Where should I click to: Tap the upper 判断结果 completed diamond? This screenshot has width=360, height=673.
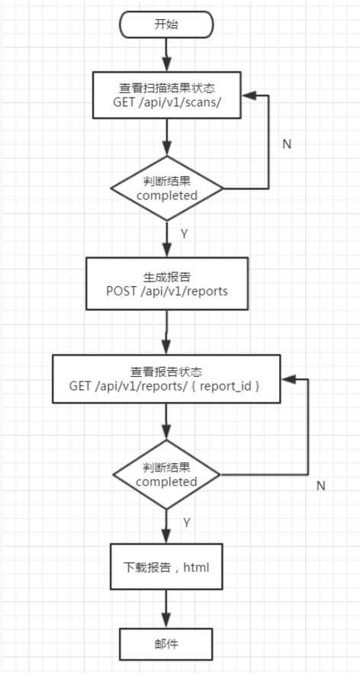click(x=166, y=188)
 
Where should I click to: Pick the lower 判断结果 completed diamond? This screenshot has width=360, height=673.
click(x=166, y=474)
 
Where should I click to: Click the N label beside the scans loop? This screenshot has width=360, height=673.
click(x=287, y=143)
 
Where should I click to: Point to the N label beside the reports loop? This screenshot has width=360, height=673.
click(x=320, y=485)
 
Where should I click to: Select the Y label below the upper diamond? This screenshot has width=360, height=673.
click(x=184, y=234)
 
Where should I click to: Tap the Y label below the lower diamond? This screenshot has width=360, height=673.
click(x=186, y=522)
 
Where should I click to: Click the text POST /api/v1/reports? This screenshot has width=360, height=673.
click(x=166, y=291)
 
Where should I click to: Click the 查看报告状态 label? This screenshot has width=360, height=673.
click(x=166, y=372)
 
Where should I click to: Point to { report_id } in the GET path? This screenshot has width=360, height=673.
click(x=232, y=387)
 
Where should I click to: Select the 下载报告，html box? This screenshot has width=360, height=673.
click(x=166, y=567)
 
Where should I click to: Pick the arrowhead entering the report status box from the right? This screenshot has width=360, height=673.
click(x=287, y=378)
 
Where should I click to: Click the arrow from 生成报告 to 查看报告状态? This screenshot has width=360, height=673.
click(x=166, y=333)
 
